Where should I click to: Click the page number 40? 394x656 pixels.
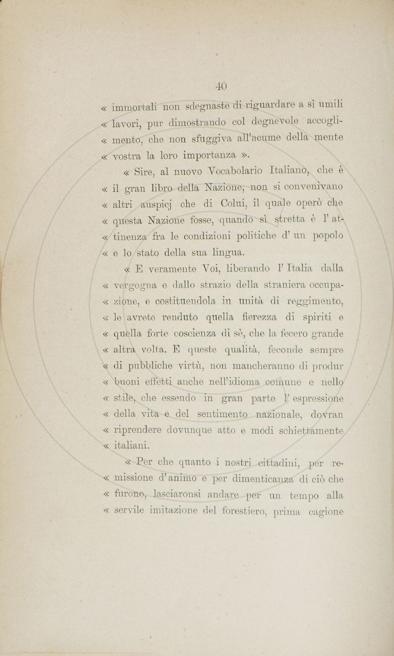click(221, 85)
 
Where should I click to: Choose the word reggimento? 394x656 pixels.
click(315, 302)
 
